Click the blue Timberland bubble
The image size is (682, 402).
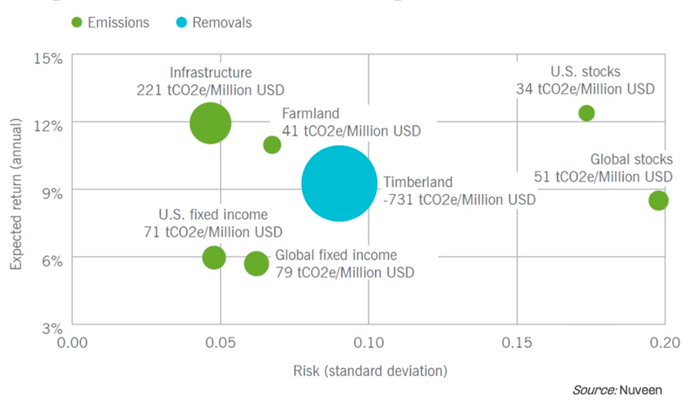(339, 183)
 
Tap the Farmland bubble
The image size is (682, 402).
(272, 145)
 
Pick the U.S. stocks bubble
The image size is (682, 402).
(586, 113)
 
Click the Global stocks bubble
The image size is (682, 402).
(658, 201)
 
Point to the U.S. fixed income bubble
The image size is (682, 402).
(214, 257)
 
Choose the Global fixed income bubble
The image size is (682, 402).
(256, 264)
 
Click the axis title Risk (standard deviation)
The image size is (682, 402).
(369, 370)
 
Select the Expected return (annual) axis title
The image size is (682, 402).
(18, 191)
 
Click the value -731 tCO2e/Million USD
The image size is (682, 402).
(459, 200)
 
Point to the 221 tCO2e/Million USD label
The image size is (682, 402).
(211, 90)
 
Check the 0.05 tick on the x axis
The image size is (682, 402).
(221, 342)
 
